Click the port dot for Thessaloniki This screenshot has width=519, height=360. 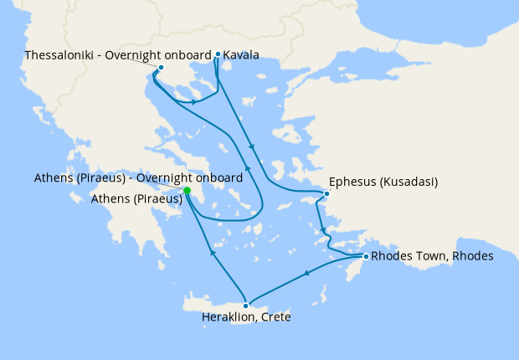(x=161, y=67)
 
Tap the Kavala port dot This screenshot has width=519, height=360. (x=218, y=54)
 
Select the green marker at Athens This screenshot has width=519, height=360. (x=187, y=191)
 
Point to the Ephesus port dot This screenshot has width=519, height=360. (x=326, y=194)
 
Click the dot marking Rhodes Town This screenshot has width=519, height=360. (x=365, y=255)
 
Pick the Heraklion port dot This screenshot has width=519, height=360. (x=245, y=305)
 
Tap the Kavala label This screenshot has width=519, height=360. (x=241, y=55)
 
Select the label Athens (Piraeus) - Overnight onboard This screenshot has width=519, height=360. (x=139, y=178)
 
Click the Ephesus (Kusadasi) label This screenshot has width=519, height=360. (x=384, y=182)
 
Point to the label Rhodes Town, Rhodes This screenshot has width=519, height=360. (x=431, y=255)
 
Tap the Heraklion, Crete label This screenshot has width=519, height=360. (x=246, y=318)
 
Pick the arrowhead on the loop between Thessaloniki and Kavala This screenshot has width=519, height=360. (x=195, y=102)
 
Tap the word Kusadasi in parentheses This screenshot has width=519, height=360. (x=409, y=182)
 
